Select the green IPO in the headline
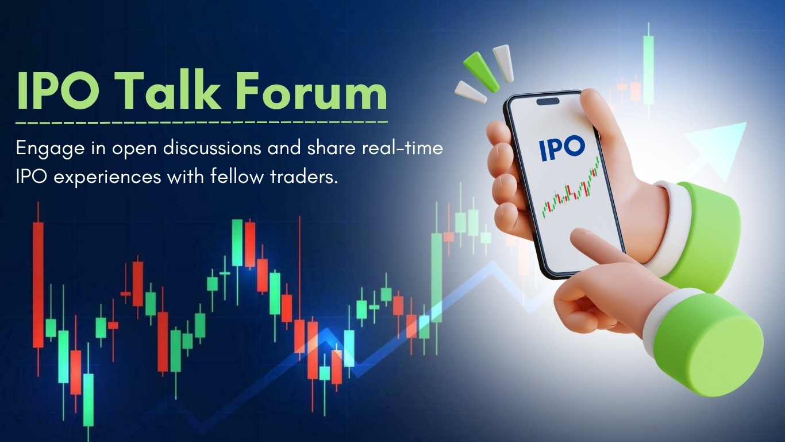58,90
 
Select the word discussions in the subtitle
212,148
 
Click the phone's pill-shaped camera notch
548,101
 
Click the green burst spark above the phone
481,71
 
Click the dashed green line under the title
202,123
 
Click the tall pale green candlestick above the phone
648,70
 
